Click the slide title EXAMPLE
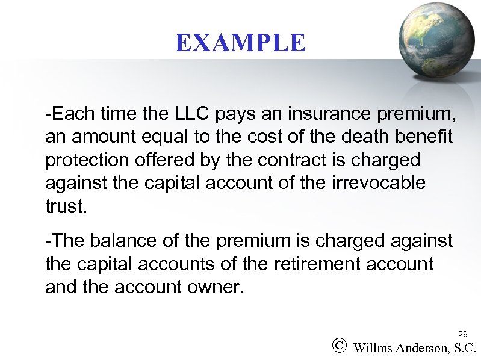pyautogui.click(x=240, y=43)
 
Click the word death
pyautogui.click(x=359, y=137)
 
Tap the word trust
pyautogui.click(x=66, y=207)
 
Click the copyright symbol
pyautogui.click(x=339, y=346)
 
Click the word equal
pyautogui.click(x=170, y=137)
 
